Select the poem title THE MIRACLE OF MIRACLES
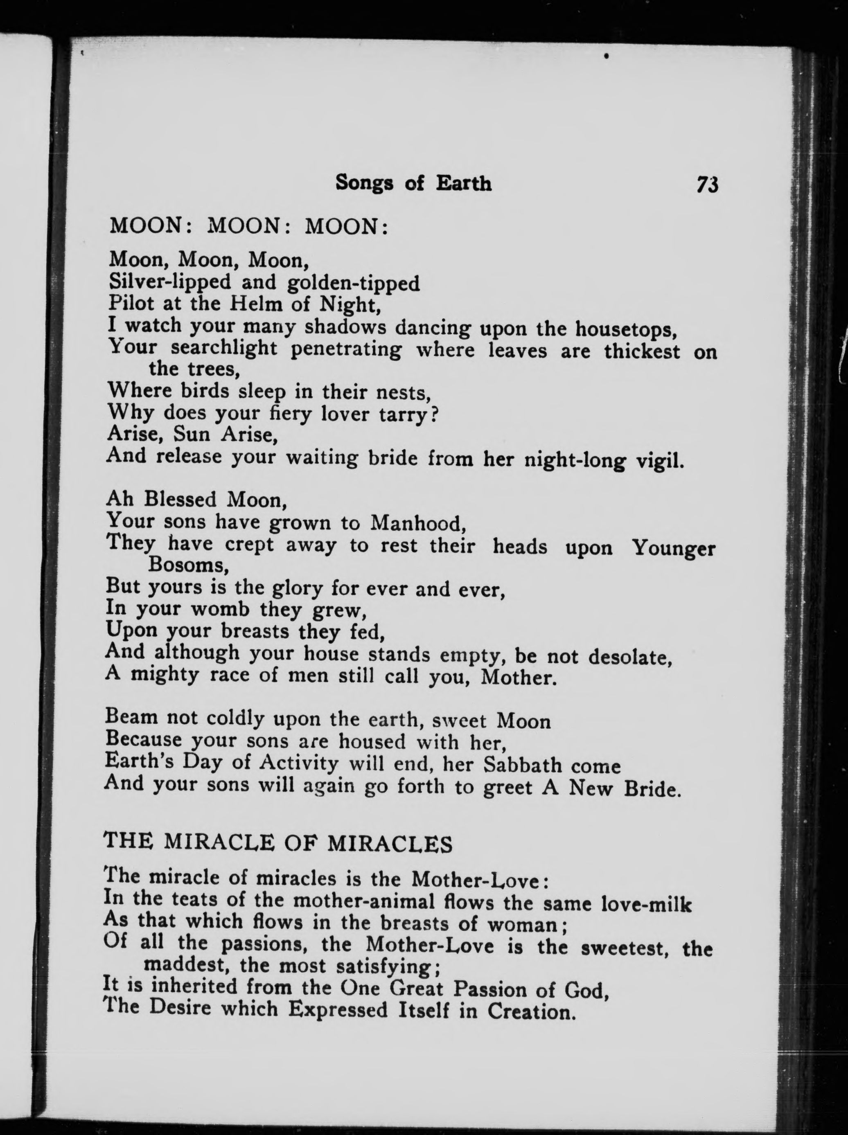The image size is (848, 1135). [278, 844]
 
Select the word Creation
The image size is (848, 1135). [529, 1011]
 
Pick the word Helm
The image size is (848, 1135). [254, 304]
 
